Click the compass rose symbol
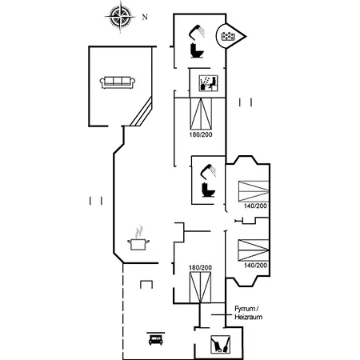(x=120, y=17)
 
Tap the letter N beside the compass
(x=145, y=18)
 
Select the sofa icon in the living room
(x=118, y=82)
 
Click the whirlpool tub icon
(x=228, y=36)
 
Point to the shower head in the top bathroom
(x=197, y=31)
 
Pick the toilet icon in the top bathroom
(x=198, y=50)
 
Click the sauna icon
(x=209, y=83)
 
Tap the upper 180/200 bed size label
(x=201, y=134)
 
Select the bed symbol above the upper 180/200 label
(x=201, y=114)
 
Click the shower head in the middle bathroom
(x=209, y=170)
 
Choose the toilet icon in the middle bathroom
(x=209, y=190)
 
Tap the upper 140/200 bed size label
(x=255, y=206)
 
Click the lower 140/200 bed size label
(x=255, y=265)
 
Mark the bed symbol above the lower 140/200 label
(x=254, y=250)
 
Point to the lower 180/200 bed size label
(x=201, y=267)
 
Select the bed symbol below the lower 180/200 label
(x=200, y=287)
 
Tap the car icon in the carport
(x=156, y=338)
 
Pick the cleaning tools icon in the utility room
(x=220, y=344)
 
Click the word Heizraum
(x=249, y=317)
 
